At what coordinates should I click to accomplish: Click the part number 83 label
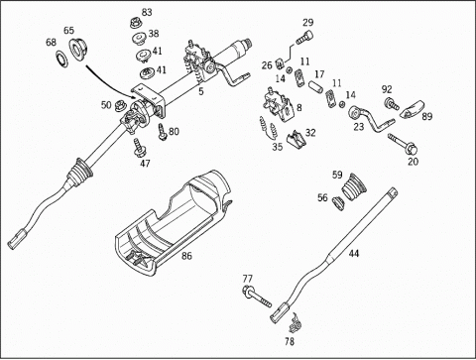point(147,12)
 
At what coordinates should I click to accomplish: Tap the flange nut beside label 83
point(135,23)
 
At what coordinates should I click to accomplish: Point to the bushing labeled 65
point(78,50)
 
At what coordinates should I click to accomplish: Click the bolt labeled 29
point(304,37)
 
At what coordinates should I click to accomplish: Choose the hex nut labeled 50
point(119,106)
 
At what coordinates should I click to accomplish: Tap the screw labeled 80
point(162,131)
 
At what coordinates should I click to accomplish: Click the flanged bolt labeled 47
point(139,149)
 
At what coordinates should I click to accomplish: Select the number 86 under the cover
point(186,256)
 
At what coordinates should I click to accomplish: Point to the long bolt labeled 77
point(257,296)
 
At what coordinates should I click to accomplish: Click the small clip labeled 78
point(294,323)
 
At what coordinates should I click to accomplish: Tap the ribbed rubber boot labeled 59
point(354,186)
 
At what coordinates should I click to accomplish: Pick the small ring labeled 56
point(338,202)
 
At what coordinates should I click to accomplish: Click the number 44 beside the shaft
point(354,254)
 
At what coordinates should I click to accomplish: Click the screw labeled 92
point(392,103)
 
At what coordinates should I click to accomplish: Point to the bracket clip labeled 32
point(296,140)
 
